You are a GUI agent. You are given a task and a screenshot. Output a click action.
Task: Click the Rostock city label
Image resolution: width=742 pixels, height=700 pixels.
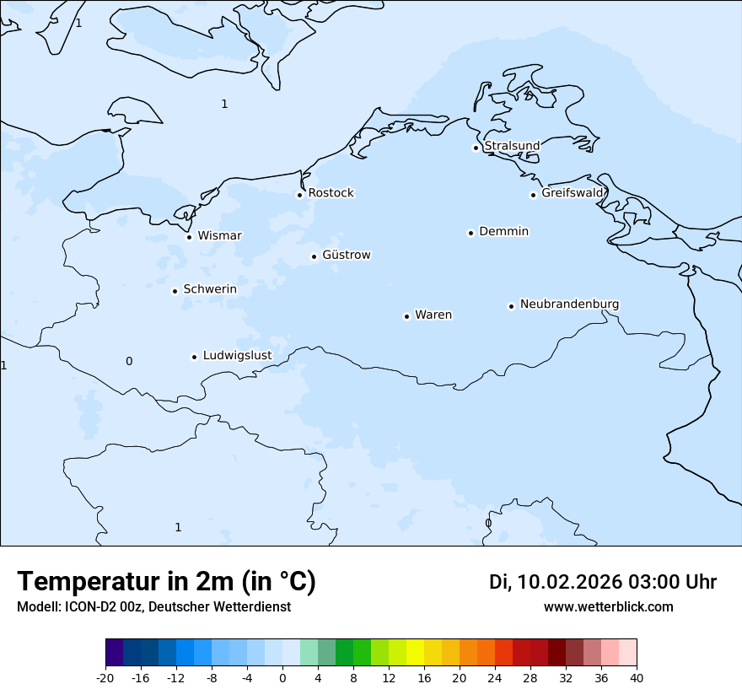331,193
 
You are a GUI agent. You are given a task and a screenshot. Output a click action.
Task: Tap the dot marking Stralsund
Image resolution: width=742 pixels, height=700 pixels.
476,148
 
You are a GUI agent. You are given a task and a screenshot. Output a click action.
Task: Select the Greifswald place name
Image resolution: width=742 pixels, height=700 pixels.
573,193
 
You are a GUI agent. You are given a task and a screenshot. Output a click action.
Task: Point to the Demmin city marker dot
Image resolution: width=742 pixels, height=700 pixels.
470,233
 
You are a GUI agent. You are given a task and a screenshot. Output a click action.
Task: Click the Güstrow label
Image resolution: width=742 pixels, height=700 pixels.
346,255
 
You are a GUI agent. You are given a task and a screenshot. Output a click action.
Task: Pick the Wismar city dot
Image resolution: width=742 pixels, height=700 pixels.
189,237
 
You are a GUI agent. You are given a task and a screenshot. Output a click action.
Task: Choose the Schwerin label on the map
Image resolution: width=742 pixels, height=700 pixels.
210,289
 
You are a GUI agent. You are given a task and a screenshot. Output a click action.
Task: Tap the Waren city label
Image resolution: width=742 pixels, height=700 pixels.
433,315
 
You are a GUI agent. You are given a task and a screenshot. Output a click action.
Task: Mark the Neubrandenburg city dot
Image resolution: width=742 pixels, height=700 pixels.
511,306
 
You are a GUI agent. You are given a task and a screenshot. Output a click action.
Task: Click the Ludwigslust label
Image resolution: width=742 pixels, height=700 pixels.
237,355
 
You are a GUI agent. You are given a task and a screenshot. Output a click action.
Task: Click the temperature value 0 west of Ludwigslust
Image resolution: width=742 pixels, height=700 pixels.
129,361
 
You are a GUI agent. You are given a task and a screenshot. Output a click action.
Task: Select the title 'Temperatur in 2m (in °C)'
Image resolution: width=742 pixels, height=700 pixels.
166,582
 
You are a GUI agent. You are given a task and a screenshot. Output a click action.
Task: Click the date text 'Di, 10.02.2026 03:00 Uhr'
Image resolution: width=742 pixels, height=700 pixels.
602,582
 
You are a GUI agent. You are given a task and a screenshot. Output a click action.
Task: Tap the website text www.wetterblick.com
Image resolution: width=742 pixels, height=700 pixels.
608,607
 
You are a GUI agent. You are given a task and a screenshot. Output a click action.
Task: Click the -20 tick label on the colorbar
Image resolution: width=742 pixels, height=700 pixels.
105,678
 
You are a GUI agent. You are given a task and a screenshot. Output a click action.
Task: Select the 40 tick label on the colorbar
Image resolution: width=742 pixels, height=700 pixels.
637,678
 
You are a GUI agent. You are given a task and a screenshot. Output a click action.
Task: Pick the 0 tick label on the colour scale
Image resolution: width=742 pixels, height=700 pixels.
282,678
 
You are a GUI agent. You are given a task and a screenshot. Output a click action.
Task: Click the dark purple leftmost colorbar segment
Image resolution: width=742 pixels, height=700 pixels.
115,653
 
